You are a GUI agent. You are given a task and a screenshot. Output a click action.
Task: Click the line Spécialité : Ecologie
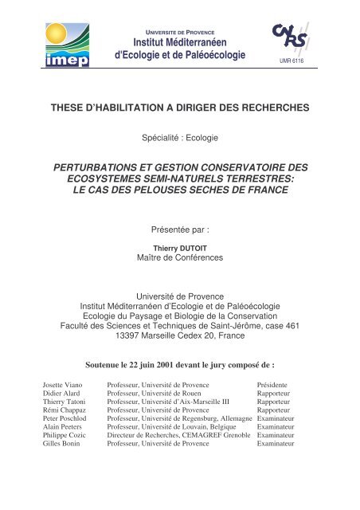(x=180, y=138)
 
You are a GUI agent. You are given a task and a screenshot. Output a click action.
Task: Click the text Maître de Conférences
(x=180, y=257)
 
